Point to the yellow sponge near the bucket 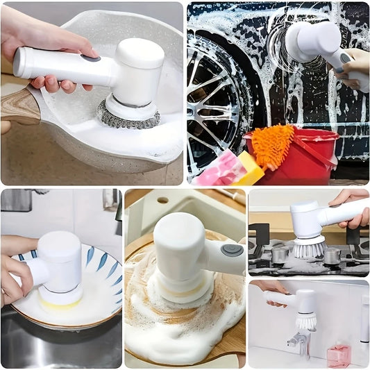tap(249, 168)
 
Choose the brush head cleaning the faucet tap(305, 320)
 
